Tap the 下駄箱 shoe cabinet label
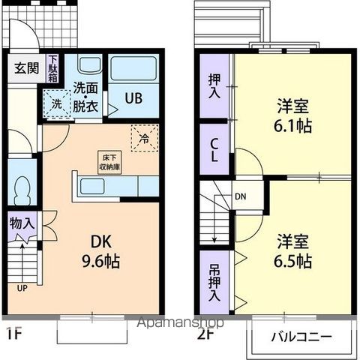pyautogui.click(x=53, y=68)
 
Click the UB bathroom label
pyautogui.click(x=133, y=97)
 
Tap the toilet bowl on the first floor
pyautogui.click(x=22, y=188)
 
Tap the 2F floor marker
pyautogui.click(x=204, y=332)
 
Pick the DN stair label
pyautogui.click(x=240, y=197)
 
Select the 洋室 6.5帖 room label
pyautogui.click(x=292, y=252)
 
